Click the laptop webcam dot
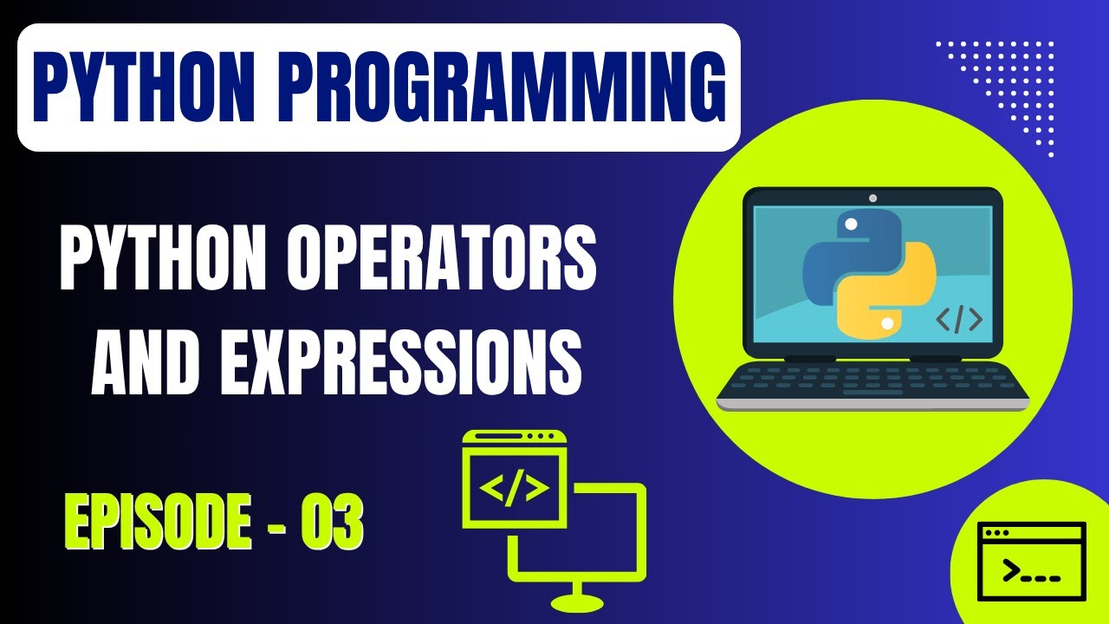(x=872, y=198)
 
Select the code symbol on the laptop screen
(x=959, y=321)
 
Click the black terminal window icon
(x=1031, y=562)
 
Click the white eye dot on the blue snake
(x=851, y=224)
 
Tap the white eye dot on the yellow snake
(x=886, y=323)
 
